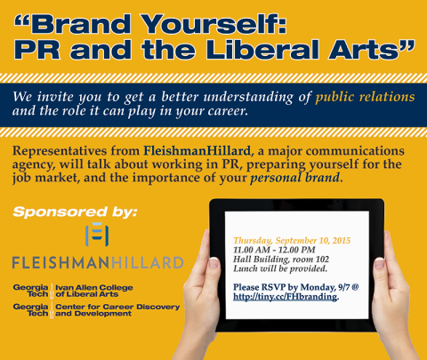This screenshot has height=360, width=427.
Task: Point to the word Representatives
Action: click(x=62, y=152)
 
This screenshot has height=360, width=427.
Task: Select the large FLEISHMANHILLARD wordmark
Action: click(x=97, y=263)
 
